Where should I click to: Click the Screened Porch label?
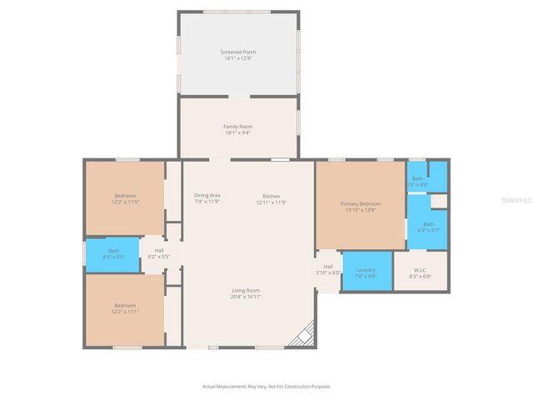coord(237,52)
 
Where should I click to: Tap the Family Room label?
coord(237,127)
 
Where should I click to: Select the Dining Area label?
coord(207,195)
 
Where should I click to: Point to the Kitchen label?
coord(271,195)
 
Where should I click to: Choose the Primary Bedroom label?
coord(360,203)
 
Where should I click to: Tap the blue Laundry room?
coord(366,271)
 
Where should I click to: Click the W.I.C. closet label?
coord(420,271)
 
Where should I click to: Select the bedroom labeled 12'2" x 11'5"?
coord(125,198)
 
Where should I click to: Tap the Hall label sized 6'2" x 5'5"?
coord(158,253)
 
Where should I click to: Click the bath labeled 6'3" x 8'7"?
coord(427,226)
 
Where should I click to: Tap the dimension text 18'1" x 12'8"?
coord(237,57)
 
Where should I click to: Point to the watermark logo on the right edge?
coord(523,200)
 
